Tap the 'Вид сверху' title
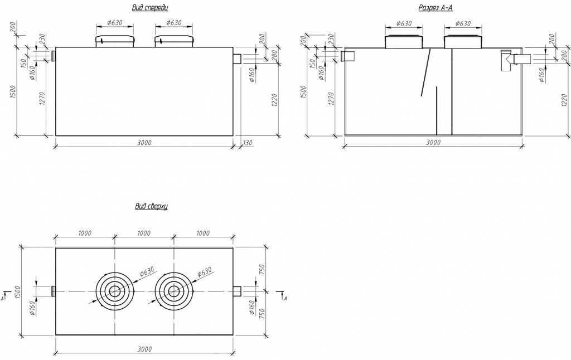tap(151, 207)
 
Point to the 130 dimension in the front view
tap(248, 143)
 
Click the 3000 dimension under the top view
tap(144, 349)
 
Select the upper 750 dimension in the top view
tap(263, 269)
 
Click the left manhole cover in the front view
tap(116, 42)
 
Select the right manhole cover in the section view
tap(464, 42)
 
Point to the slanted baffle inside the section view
tap(426, 72)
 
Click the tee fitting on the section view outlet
tap(507, 60)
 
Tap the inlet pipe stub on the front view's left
tap(54, 56)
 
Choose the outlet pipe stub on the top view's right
tap(236, 291)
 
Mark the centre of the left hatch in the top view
tap(115, 291)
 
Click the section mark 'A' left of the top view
tap(3, 298)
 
